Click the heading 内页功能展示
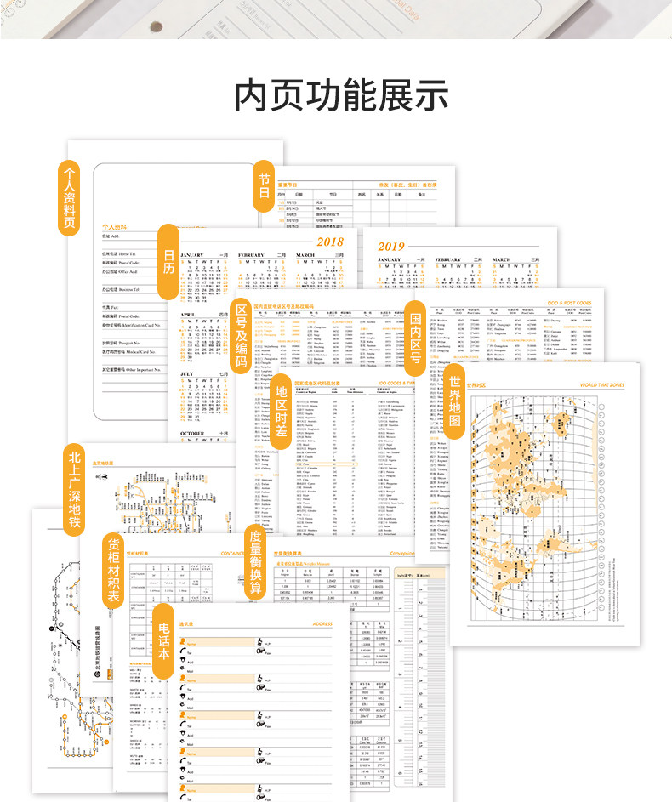[341, 95]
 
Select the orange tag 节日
[265, 185]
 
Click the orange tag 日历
[168, 262]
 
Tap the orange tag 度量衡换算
[255, 561]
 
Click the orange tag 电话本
[164, 641]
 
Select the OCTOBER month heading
[192, 433]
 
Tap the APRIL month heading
[188, 313]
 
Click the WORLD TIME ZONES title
[601, 384]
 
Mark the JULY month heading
[186, 373]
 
